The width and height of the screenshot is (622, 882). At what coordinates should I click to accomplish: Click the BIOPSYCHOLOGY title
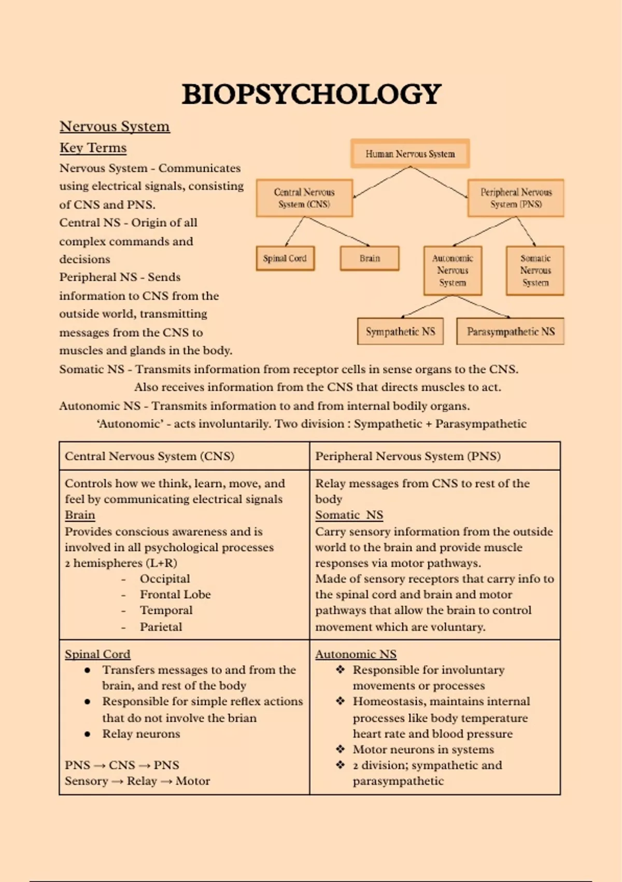311,94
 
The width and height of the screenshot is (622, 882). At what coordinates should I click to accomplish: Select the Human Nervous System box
410,154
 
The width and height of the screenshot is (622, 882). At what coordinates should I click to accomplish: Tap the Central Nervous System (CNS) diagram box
304,198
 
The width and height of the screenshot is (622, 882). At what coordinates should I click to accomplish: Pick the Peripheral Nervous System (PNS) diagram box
516,198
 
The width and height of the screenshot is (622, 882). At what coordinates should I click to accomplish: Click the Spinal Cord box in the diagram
285,258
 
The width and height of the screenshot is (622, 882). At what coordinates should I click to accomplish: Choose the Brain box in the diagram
370,258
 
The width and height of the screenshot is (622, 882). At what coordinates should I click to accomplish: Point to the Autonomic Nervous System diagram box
453,270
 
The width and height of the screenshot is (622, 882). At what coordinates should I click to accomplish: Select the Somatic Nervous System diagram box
535,270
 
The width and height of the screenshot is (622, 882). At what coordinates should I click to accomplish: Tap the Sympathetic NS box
400,332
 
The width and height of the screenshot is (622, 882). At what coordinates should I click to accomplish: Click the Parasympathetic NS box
510,332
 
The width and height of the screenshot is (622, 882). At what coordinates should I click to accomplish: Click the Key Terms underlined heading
93,148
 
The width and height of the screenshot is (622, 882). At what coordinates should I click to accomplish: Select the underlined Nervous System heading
115,126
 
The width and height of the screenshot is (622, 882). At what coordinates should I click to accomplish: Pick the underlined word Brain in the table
80,515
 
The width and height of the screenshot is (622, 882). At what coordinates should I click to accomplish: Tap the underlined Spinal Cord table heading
97,654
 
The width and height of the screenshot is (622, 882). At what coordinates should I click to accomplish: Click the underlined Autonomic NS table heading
356,654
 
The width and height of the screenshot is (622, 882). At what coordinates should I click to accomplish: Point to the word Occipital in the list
165,579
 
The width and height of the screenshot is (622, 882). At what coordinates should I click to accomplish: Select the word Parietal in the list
161,627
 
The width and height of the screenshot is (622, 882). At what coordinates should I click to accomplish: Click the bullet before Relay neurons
88,734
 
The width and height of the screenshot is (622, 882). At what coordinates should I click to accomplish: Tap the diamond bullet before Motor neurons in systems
341,749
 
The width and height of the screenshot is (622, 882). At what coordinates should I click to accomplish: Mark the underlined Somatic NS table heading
349,515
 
